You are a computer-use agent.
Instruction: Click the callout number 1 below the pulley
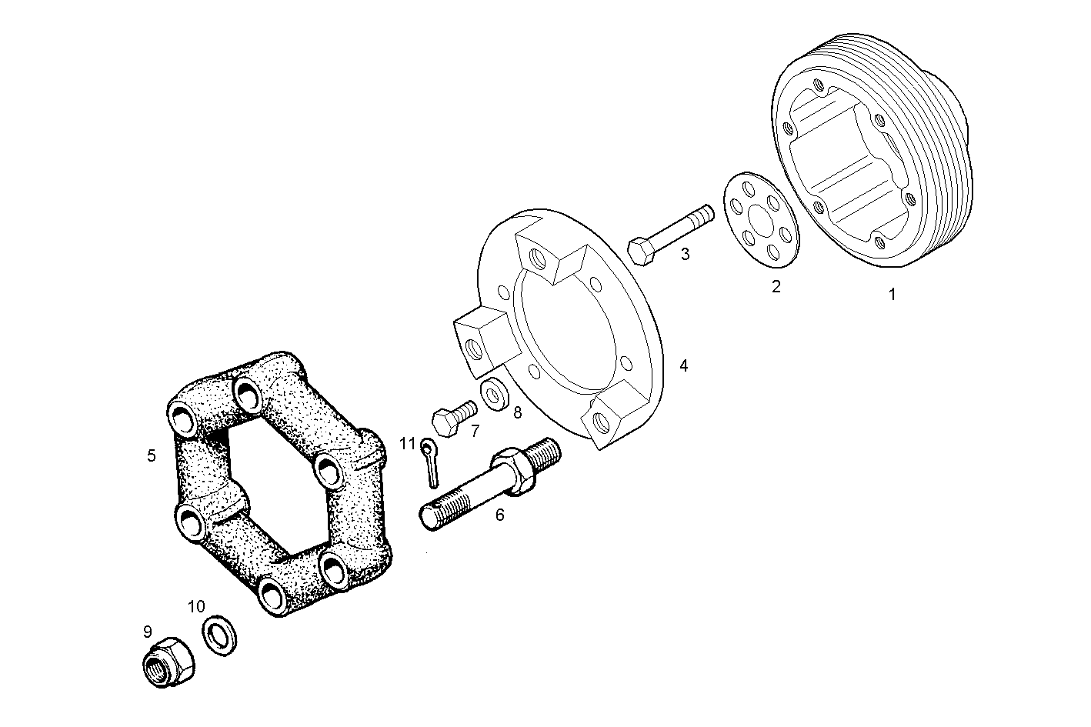coord(892,294)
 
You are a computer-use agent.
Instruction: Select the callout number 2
coord(776,287)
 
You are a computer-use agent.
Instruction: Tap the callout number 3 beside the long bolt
coord(685,254)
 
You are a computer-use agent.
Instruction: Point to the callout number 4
coord(683,366)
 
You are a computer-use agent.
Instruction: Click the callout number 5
coord(152,455)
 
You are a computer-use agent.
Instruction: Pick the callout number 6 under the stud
coord(499,515)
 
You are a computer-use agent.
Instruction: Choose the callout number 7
coord(475,430)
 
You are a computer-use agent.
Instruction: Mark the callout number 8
coord(517,412)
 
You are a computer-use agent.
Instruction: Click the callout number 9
coord(147,632)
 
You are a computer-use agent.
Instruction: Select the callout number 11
coord(407,444)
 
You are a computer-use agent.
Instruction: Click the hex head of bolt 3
coord(642,251)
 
